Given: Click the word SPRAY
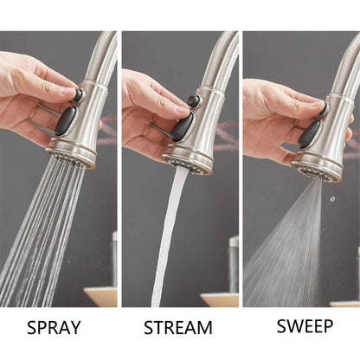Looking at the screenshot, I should click(x=54, y=328).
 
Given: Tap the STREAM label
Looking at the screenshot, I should click(x=177, y=328).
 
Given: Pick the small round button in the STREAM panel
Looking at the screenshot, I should click(x=195, y=101).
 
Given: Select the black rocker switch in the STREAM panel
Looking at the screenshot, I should click(x=183, y=127).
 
